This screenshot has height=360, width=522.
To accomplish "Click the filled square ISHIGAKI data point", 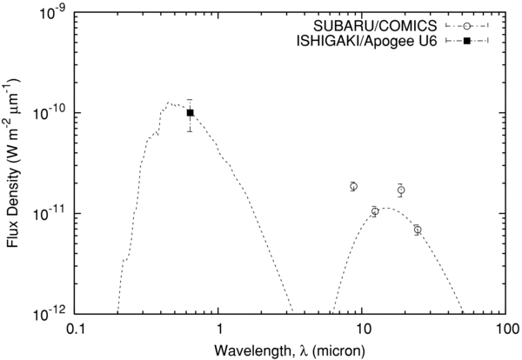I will tap(190, 112).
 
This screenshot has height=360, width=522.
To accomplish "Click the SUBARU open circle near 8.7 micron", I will tap(353, 186).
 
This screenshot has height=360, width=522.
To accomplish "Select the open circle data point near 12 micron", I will tap(374, 211).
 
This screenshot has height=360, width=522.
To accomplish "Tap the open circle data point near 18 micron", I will tap(401, 190).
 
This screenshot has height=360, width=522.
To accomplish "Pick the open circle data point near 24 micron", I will tap(418, 230).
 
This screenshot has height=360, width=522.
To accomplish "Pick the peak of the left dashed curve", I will tap(170, 103).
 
